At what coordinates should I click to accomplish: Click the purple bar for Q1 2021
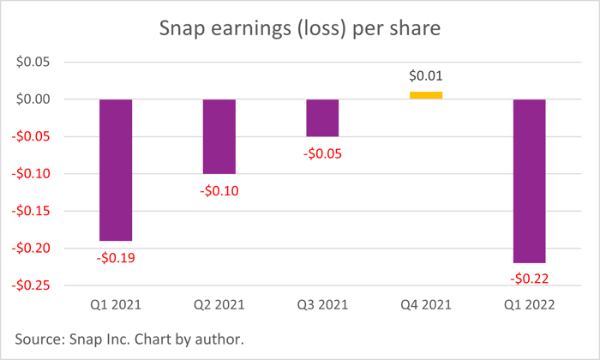pos(116,170)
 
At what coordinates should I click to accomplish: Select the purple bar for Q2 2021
pos(219,136)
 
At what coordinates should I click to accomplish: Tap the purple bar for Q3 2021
pos(322,117)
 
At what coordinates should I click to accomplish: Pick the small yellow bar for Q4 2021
pos(426,95)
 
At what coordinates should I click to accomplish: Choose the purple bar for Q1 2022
pos(529,181)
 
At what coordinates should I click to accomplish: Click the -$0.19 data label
pos(116,256)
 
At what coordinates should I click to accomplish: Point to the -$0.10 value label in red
pos(219,190)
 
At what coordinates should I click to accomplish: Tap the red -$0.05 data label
pos(322,153)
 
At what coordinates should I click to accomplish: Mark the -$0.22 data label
pos(529,279)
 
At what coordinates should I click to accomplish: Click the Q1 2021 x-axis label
pos(116,305)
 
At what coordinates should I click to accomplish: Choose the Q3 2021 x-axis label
pos(322,305)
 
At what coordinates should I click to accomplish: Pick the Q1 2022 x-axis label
pos(529,305)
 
